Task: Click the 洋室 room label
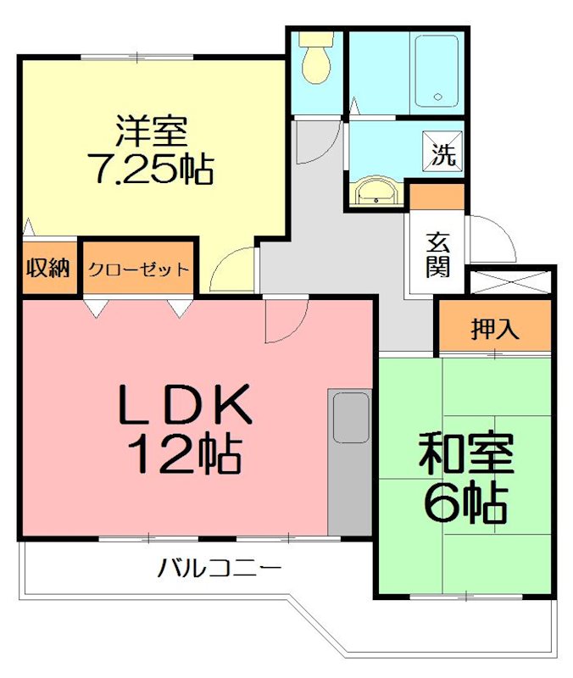coord(153,134)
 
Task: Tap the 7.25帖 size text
coord(151,169)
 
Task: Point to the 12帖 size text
coord(185,455)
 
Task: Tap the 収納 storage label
coord(47,270)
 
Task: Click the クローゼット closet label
coord(138,270)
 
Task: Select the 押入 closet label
coord(495,329)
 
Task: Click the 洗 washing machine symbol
coord(444,154)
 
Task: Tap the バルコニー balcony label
coord(219,568)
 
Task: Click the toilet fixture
coord(316,59)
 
